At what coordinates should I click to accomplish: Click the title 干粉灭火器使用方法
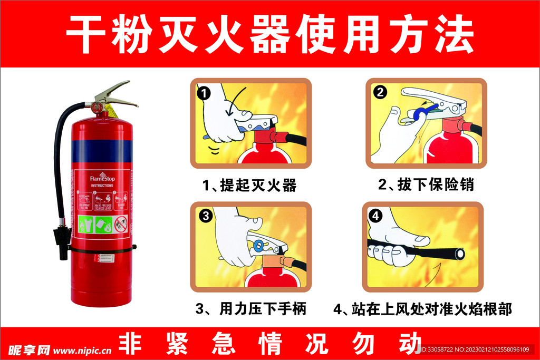pyautogui.click(x=269, y=34)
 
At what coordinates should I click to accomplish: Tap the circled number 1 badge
pyautogui.click(x=204, y=93)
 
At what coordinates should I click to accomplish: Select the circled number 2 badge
pyautogui.click(x=380, y=92)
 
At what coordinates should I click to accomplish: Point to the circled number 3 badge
pyautogui.click(x=206, y=215)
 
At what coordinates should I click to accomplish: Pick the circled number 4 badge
pyautogui.click(x=375, y=215)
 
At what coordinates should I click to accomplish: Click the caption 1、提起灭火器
pyautogui.click(x=250, y=186)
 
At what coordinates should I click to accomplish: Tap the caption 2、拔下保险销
pyautogui.click(x=426, y=185)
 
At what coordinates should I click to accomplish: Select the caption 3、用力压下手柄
pyautogui.click(x=250, y=308)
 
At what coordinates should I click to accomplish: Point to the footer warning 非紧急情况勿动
pyautogui.click(x=269, y=344)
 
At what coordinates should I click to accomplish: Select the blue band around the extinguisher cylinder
pyautogui.click(x=99, y=150)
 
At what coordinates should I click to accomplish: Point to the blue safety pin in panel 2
pyautogui.click(x=422, y=112)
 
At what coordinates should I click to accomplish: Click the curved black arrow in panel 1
pyautogui.click(x=233, y=103)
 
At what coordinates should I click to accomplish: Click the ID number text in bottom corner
pyautogui.click(x=479, y=349)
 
